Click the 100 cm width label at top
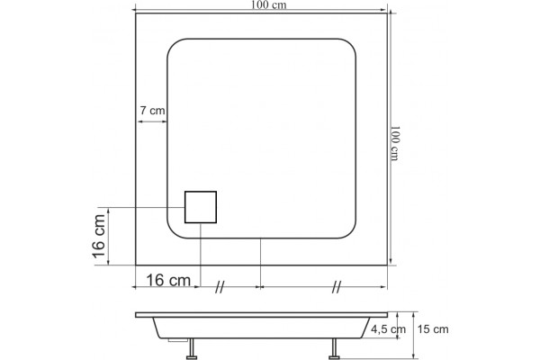coord(268,5)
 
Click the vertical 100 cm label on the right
coord(395,143)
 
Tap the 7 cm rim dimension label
coord(152,111)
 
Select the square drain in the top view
coord(201,207)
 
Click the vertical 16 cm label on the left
coord(99,236)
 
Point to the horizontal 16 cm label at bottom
coord(168,280)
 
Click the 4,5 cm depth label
coord(388,329)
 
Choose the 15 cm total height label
coord(433,329)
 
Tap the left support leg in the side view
coord(192,348)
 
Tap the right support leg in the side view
coord(334,348)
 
